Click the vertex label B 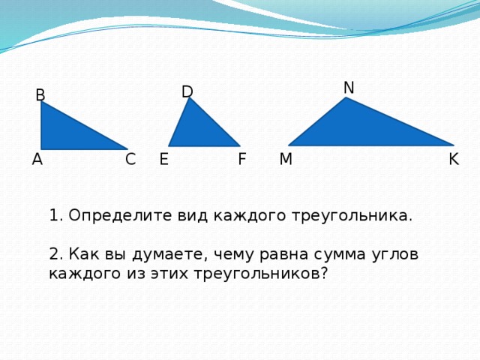(x=40, y=95)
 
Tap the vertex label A (x=37, y=159)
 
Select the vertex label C (x=130, y=159)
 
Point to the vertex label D (x=187, y=91)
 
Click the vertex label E (x=163, y=159)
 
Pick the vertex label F (x=241, y=159)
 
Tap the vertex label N (x=349, y=88)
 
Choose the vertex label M (x=286, y=159)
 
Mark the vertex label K (x=453, y=159)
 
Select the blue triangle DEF (x=199, y=131)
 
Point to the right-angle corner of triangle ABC (x=42, y=148)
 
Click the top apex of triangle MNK (x=346, y=98)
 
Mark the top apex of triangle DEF (x=190, y=98)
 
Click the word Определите (x=121, y=216)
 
